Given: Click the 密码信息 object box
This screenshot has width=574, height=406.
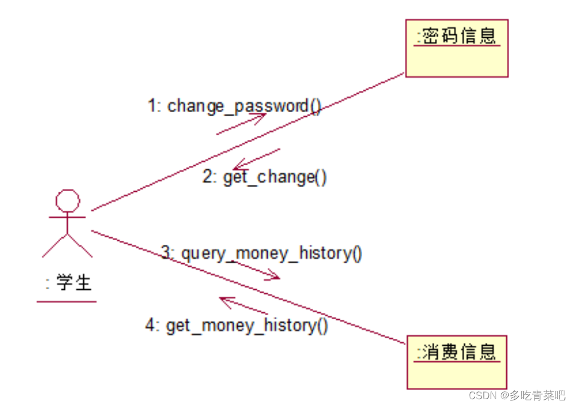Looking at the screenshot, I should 456,48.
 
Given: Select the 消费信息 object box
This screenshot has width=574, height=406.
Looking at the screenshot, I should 456,362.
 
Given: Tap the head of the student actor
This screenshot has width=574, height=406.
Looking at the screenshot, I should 67,200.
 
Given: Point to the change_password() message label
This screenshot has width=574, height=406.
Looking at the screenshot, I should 243,105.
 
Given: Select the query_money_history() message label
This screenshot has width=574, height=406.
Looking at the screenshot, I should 271,253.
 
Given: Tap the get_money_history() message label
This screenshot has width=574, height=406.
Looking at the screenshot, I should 246,325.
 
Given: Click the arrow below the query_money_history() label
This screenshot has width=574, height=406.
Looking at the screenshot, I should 256,270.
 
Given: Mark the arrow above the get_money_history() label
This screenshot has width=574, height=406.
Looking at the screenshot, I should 243,305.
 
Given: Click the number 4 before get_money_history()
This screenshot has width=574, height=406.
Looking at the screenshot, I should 150,325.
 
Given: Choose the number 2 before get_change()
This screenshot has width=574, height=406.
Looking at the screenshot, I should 208,177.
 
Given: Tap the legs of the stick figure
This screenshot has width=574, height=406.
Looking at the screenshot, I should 67,246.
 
